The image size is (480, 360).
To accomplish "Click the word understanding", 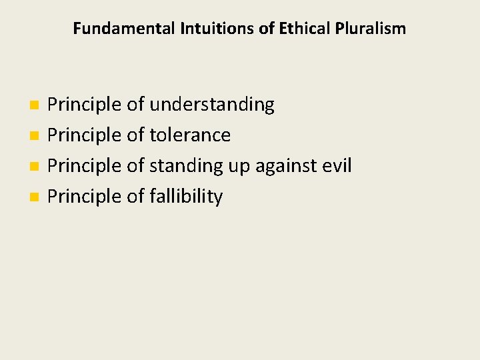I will pyautogui.click(x=211, y=105).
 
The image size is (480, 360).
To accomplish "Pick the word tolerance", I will pyautogui.click(x=190, y=135).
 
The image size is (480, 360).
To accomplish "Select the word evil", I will pyautogui.click(x=337, y=165).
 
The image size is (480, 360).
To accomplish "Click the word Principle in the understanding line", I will pyautogui.click(x=85, y=105).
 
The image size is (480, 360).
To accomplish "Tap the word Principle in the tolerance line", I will pyautogui.click(x=85, y=135).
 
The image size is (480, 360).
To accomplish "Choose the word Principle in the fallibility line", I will pyautogui.click(x=85, y=197).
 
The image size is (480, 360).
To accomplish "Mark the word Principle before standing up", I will pyautogui.click(x=85, y=166).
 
